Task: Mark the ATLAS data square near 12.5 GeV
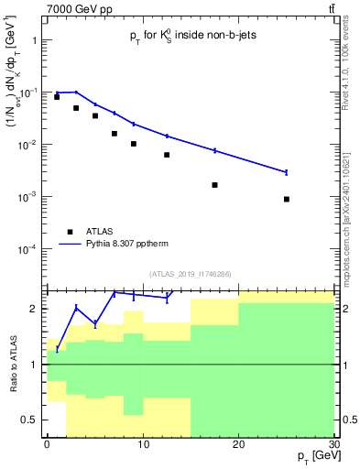coord(167,155)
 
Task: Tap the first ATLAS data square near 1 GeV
coord(57,96)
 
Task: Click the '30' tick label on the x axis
coord(333,442)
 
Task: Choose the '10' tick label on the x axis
coord(143,442)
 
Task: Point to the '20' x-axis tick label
coord(238,442)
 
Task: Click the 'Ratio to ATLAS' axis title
coord(13,365)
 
